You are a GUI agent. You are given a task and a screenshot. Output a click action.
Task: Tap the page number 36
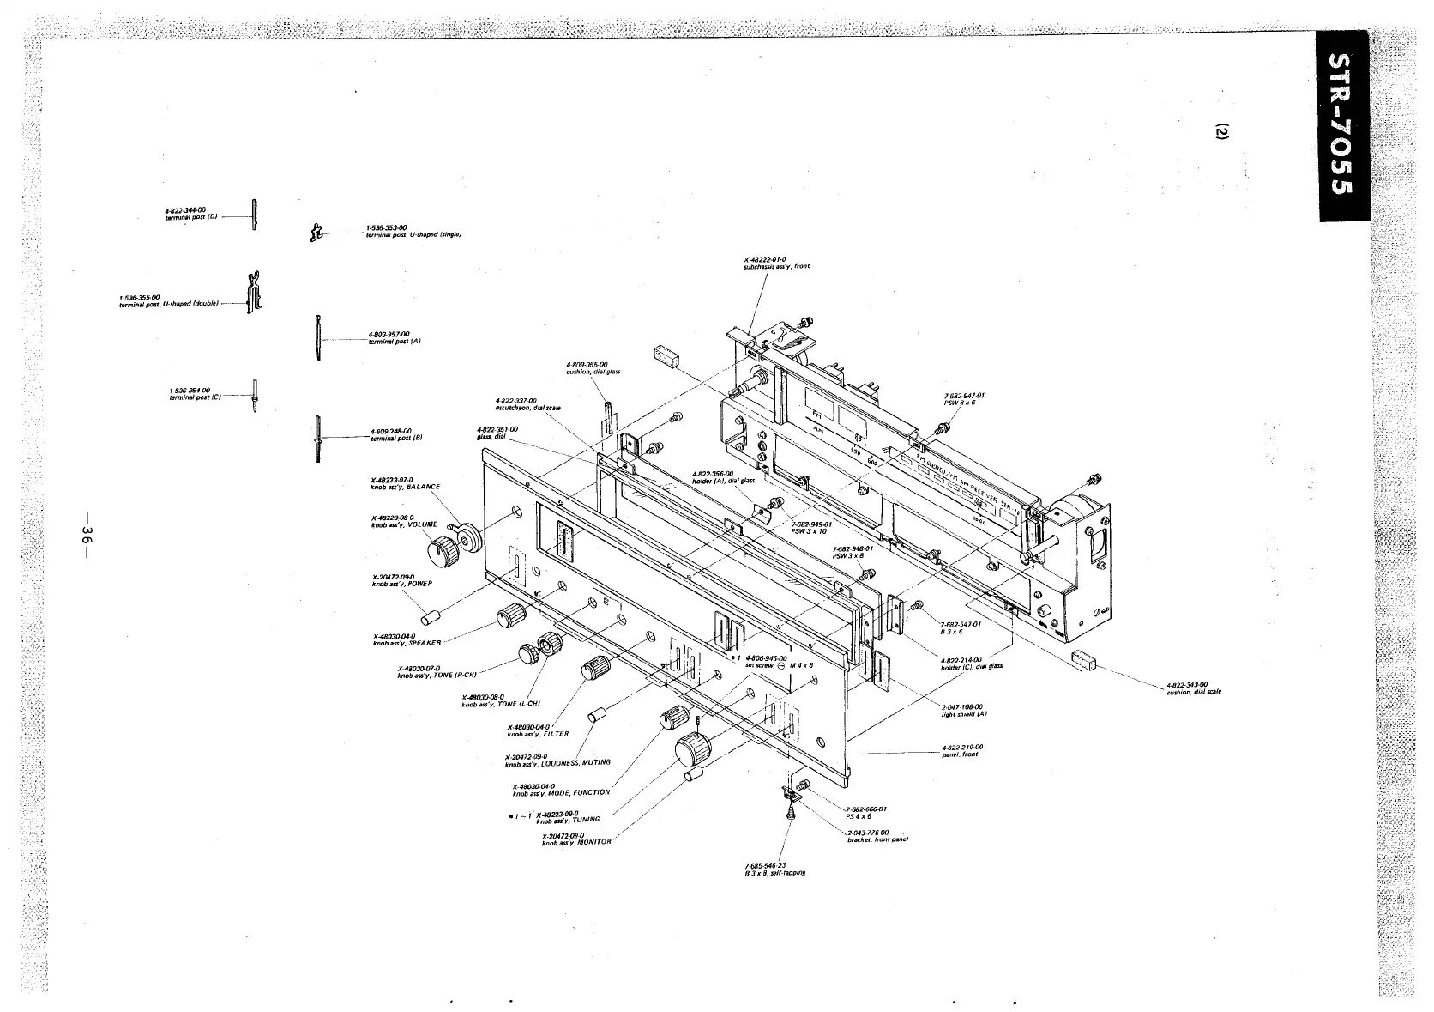point(86,534)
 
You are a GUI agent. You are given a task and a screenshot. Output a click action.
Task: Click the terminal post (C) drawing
point(255,395)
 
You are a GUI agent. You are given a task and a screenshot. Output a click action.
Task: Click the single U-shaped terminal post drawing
point(316,231)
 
